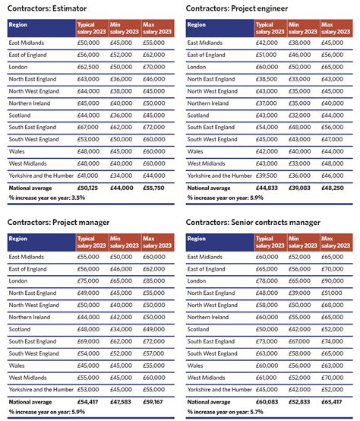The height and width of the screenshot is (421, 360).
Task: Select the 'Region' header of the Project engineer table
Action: tap(197, 24)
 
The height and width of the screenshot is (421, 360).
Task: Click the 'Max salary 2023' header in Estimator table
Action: tap(156, 28)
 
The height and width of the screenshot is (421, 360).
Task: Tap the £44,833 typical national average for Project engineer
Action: tap(269, 187)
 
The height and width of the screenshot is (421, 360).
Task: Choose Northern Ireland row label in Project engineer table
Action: tap(210, 103)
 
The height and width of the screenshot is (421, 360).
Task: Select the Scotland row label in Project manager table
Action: tap(21, 329)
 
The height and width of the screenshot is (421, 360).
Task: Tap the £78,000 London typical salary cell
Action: tap(269, 281)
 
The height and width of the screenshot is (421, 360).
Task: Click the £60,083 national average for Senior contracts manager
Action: tap(269, 401)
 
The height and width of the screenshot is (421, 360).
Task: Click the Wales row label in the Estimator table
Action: tap(17, 150)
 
